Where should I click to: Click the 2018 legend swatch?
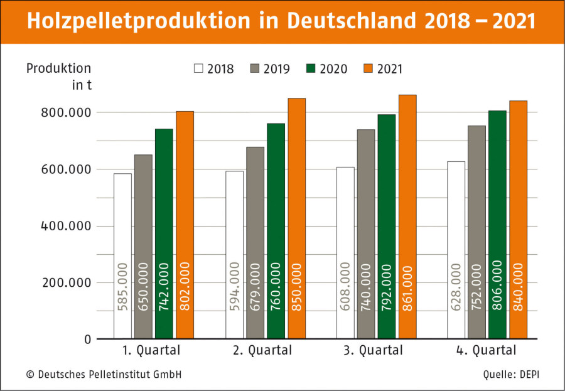click(199, 69)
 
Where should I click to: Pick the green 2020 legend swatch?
click(312, 69)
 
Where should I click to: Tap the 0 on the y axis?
click(87, 340)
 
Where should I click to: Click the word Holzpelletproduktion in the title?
click(141, 21)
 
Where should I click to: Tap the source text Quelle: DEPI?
click(511, 375)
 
